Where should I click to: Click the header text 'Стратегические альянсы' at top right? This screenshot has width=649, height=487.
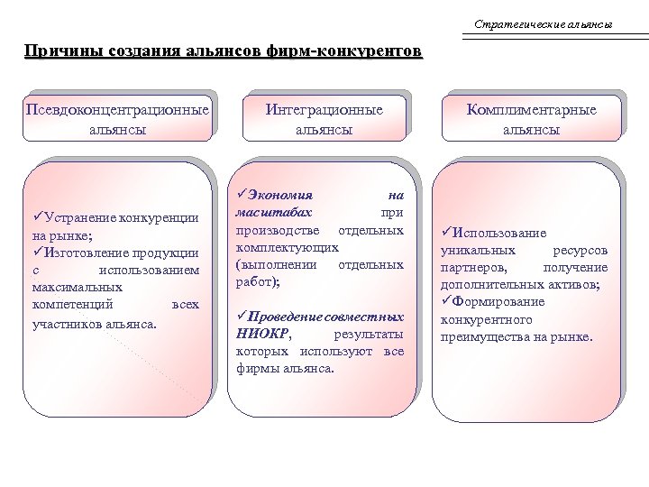543,23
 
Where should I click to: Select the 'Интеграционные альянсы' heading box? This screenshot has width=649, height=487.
324,119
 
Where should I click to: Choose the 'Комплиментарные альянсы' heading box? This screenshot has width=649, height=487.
531,119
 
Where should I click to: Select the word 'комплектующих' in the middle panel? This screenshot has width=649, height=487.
287,246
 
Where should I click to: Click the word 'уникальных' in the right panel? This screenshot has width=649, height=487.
478,250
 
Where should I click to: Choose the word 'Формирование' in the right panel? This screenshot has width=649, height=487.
498,302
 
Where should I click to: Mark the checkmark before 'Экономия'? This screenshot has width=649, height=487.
240,194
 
